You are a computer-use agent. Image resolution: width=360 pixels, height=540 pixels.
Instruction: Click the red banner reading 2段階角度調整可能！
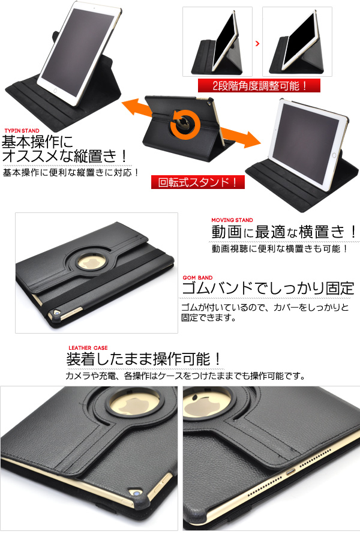click(259, 85)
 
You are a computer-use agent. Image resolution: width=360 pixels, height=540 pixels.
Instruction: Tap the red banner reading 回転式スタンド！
click(198, 182)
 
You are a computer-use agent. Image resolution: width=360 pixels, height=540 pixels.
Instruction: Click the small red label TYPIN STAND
click(22, 131)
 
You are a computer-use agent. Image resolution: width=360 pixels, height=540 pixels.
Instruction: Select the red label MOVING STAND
click(232, 220)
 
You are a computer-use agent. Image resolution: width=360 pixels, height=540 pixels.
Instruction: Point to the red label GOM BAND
click(197, 278)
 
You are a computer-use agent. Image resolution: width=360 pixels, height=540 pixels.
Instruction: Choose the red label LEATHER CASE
click(88, 348)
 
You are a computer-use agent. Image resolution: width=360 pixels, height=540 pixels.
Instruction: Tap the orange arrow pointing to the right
click(241, 137)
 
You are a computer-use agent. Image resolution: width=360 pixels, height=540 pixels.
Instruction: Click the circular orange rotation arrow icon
click(186, 123)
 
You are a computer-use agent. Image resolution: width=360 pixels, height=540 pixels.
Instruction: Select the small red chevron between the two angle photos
click(257, 43)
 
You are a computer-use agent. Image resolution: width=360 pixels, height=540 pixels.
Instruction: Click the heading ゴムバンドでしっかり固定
click(268, 289)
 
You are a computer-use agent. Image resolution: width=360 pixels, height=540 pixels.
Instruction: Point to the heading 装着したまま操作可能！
click(143, 359)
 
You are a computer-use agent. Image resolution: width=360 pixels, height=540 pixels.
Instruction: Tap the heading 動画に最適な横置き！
click(284, 232)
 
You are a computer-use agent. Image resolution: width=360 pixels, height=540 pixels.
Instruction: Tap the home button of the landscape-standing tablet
click(334, 155)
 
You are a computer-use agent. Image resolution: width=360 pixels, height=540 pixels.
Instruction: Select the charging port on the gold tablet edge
click(290, 472)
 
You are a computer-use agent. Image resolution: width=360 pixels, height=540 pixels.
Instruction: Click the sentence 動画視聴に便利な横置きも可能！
click(280, 248)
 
